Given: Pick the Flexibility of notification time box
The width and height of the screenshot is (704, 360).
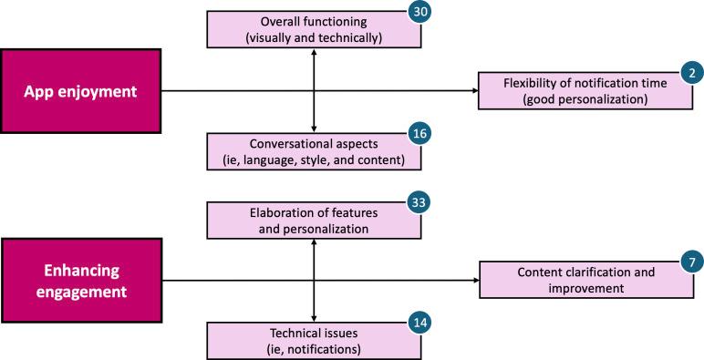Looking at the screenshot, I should [x=585, y=90].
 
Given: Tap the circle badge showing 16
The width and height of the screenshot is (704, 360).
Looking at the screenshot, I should [x=419, y=134].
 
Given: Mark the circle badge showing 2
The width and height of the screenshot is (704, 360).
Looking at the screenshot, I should [x=690, y=73].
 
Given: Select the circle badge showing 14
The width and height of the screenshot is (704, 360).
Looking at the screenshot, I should [x=419, y=322].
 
